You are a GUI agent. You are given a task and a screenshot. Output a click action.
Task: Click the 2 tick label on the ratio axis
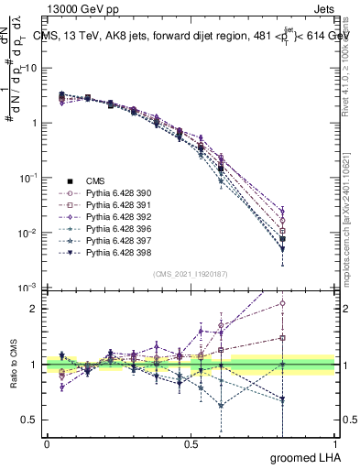(x=32, y=309)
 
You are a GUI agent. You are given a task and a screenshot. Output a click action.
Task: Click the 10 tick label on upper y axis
(x=30, y=68)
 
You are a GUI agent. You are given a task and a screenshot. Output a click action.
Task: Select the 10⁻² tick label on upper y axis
(x=28, y=233)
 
